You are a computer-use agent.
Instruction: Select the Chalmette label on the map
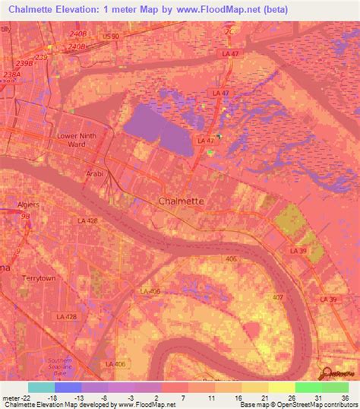[181, 201]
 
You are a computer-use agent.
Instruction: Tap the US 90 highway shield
[112, 36]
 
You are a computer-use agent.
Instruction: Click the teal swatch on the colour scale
[40, 387]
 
